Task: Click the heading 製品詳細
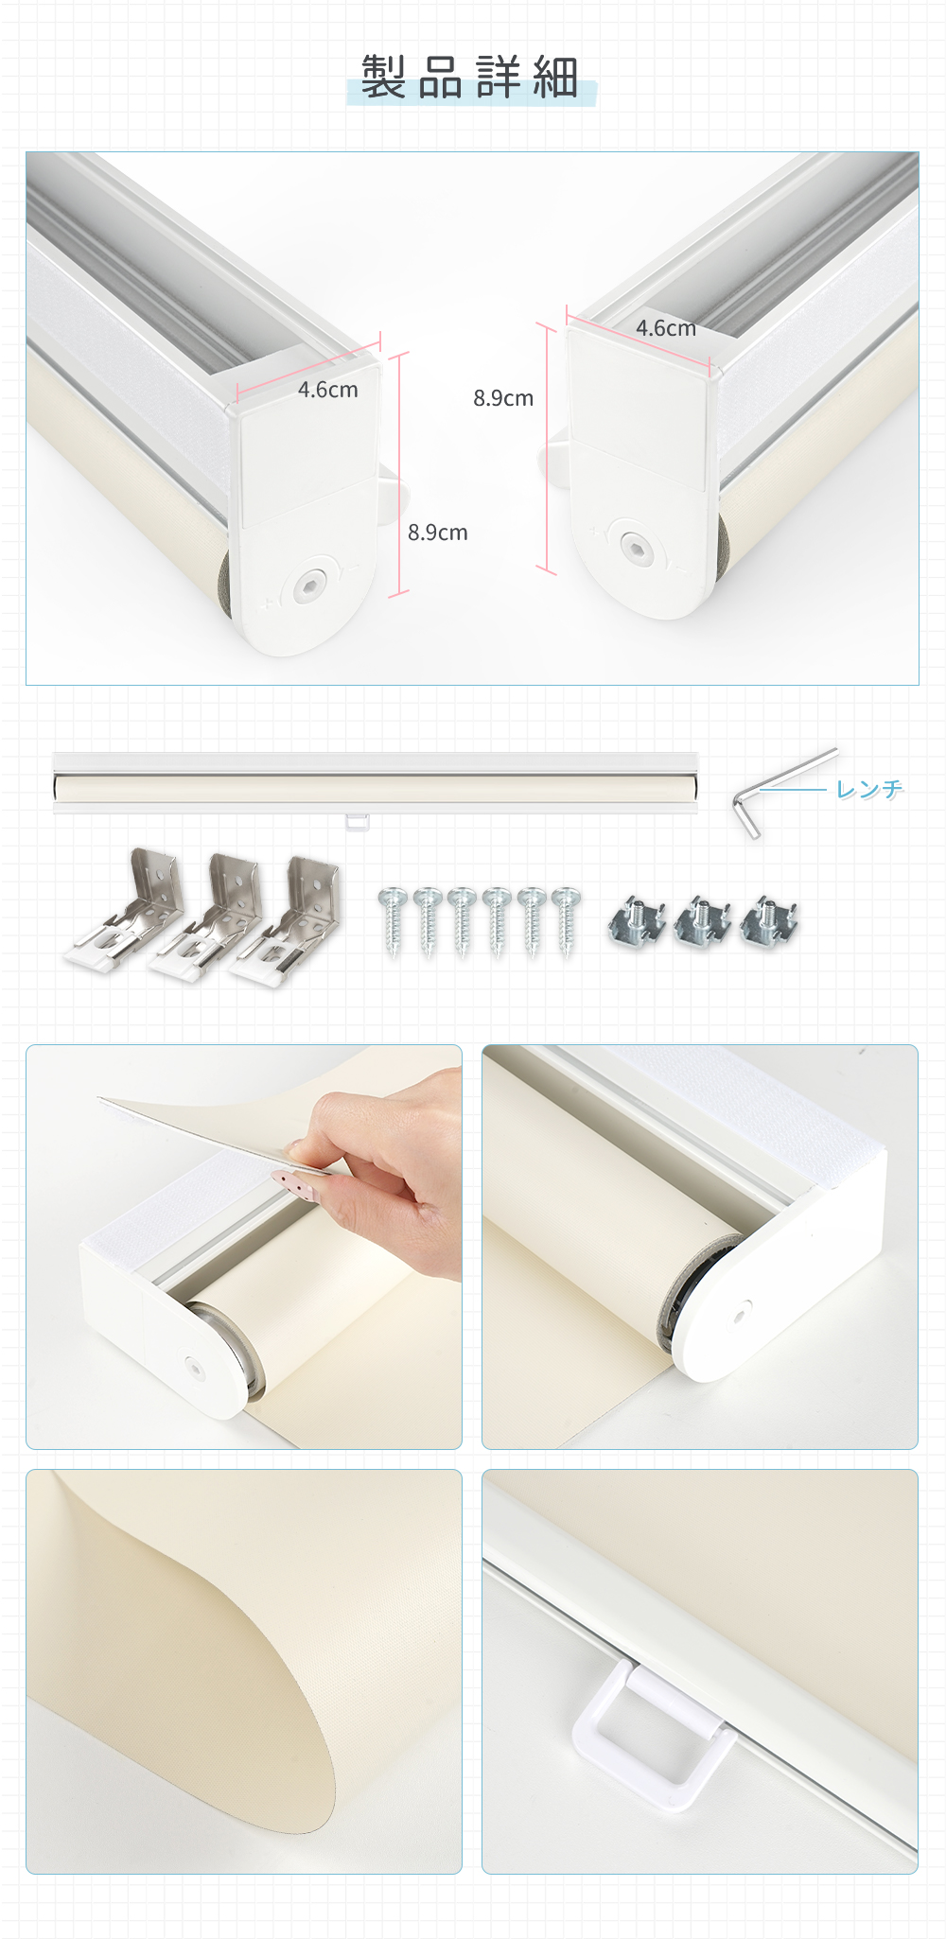[x=470, y=77]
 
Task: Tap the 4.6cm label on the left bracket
[x=328, y=390]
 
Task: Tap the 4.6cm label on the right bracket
[x=666, y=328]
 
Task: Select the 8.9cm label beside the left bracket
[x=438, y=533]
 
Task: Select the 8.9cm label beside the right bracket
[x=503, y=398]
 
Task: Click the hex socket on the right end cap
[x=634, y=547]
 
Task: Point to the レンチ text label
[x=869, y=789]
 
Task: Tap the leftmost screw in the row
[x=393, y=921]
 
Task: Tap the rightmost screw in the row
[x=567, y=921]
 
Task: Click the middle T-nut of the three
[x=702, y=921]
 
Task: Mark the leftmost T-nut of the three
[x=637, y=921]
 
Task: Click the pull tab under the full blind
[x=358, y=821]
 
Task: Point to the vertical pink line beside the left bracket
[x=399, y=474]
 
